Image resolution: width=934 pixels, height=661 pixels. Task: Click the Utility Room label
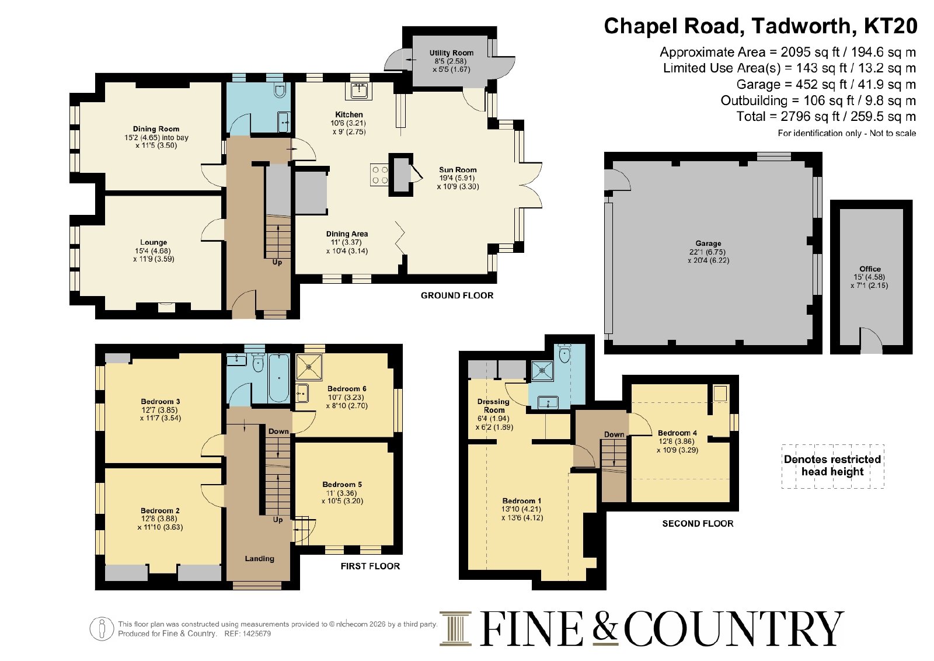tap(451, 53)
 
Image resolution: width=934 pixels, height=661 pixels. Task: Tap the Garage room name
tap(708, 243)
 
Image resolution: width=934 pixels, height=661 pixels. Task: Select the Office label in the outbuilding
tap(870, 269)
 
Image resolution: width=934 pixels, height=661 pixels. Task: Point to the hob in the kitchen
tap(379, 175)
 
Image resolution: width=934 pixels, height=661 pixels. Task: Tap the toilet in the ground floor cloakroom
tap(280, 90)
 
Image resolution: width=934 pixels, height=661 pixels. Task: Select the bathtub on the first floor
tap(278, 377)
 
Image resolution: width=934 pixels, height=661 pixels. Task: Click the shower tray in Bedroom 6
tap(309, 367)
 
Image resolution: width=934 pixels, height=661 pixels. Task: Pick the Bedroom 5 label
tap(342, 485)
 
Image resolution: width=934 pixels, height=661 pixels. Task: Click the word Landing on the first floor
tap(259, 559)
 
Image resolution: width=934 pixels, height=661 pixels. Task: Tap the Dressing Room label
tap(493, 406)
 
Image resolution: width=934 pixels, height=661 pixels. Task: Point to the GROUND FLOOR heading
tap(457, 295)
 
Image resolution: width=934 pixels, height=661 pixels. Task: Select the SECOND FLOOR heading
tap(698, 524)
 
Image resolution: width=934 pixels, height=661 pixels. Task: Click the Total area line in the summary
tap(826, 116)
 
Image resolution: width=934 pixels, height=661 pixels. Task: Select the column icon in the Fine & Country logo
tap(455, 628)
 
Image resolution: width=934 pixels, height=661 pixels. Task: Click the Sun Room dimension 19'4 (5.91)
tap(458, 178)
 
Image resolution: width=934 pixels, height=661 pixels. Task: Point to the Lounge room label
tap(154, 242)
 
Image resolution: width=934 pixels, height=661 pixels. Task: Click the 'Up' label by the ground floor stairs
tap(277, 263)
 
